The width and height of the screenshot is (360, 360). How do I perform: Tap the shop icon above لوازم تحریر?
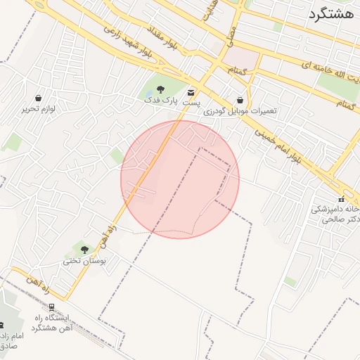(x=37, y=98)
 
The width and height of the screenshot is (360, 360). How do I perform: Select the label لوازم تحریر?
(x=38, y=109)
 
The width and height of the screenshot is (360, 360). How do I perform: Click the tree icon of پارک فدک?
(x=161, y=89)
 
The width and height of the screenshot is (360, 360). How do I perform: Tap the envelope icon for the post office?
(x=191, y=92)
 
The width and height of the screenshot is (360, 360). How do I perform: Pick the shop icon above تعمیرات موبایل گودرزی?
(x=240, y=101)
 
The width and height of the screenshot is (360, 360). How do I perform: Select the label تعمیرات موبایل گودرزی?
(x=240, y=112)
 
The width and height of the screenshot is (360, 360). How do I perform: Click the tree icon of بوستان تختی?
(x=84, y=250)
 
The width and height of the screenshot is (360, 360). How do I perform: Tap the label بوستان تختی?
(x=84, y=261)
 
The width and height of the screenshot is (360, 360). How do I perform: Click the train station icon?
(x=51, y=307)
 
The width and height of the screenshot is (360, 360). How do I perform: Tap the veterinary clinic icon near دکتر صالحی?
(x=342, y=199)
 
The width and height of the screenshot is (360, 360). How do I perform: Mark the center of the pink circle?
(x=180, y=179)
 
